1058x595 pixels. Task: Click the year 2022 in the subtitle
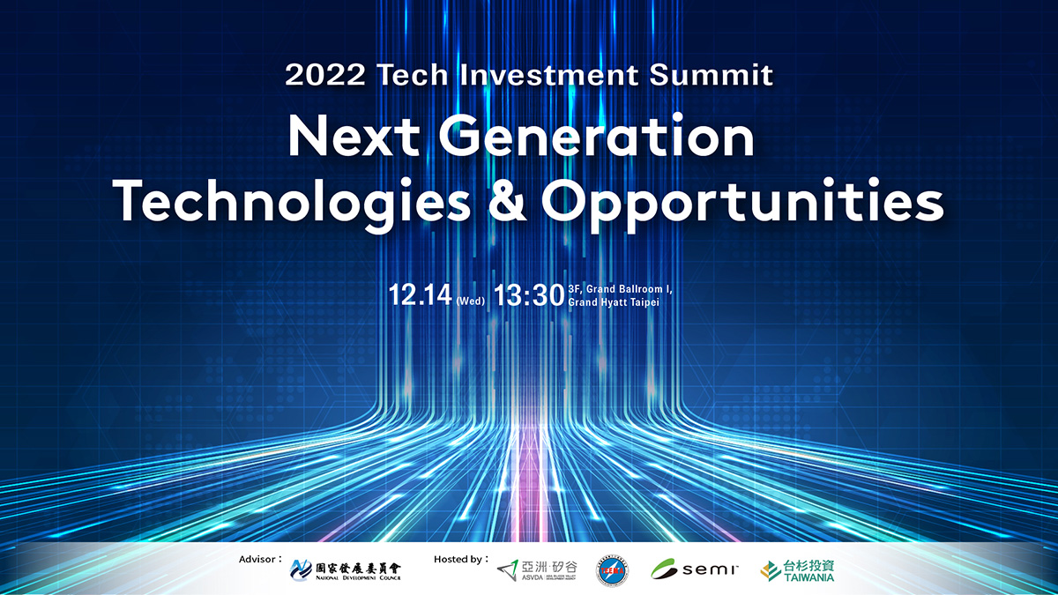(x=325, y=75)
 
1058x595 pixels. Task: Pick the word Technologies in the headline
(x=292, y=201)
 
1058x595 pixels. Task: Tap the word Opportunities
(x=742, y=201)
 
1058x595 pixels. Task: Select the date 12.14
(x=421, y=294)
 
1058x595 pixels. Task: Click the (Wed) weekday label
(x=471, y=301)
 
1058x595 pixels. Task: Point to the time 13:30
(x=529, y=294)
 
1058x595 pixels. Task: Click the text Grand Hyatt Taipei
(x=615, y=301)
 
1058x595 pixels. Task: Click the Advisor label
(x=260, y=559)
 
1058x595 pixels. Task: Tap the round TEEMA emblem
(x=613, y=569)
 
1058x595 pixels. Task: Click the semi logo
(x=694, y=569)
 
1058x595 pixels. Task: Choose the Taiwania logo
(x=797, y=569)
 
